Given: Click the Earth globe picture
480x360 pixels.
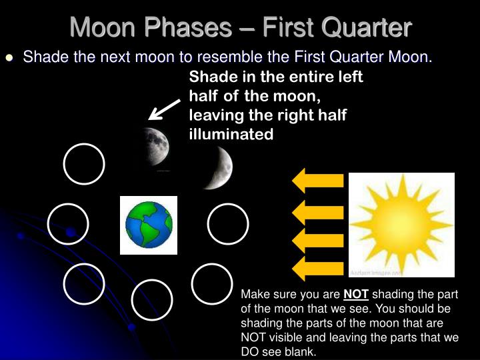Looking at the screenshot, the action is point(149,225).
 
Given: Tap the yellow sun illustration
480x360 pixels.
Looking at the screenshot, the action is point(401,225).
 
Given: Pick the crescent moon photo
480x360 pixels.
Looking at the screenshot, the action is point(218,168).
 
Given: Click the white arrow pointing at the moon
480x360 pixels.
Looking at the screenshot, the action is point(165,109).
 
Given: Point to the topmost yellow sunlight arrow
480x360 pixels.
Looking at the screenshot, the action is point(318,181).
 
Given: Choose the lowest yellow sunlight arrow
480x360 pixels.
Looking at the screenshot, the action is point(318,269).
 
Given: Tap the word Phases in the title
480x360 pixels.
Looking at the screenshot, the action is point(187,27).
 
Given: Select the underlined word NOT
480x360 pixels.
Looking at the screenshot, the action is point(356,294).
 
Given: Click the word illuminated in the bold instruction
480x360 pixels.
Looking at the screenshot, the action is point(231,134).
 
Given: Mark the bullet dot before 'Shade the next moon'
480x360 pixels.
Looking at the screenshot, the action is point(9,57).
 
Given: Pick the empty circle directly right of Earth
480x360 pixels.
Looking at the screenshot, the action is point(228,224).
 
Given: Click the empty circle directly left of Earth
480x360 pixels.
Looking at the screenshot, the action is point(68,224).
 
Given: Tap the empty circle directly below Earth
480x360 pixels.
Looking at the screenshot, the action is point(152,300).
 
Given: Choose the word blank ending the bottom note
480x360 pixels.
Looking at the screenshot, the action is point(300,351).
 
